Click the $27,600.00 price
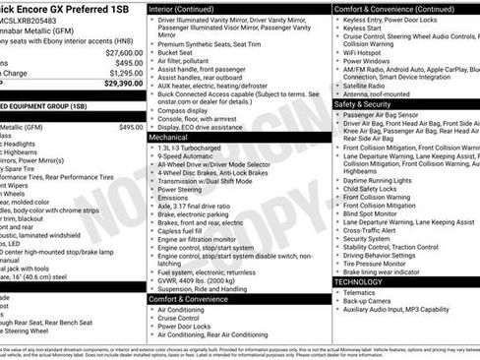pos(124,52)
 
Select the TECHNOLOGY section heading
pos(358,281)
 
